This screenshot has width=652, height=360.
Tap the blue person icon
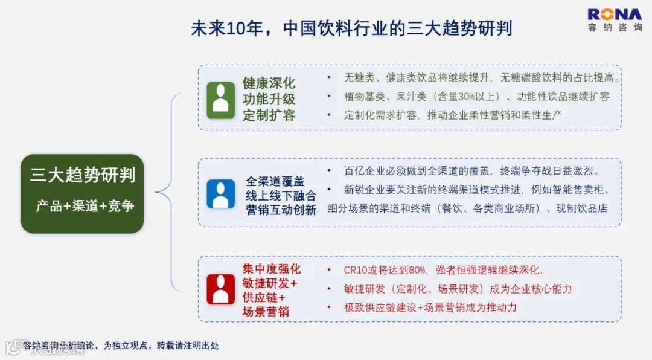pos(220,194)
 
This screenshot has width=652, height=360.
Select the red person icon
pos(220,289)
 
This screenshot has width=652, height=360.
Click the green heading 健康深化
pos(269,83)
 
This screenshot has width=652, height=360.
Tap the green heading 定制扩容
pos(269,115)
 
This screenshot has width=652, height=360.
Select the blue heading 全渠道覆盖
pos(275,181)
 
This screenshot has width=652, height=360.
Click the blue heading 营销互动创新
pos(281,210)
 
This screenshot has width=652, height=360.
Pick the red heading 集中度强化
pos(271,269)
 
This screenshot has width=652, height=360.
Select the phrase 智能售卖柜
pos(576,190)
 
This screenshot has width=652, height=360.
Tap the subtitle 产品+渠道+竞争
pos(85,206)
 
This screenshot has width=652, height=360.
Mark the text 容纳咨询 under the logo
pos(615,28)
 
